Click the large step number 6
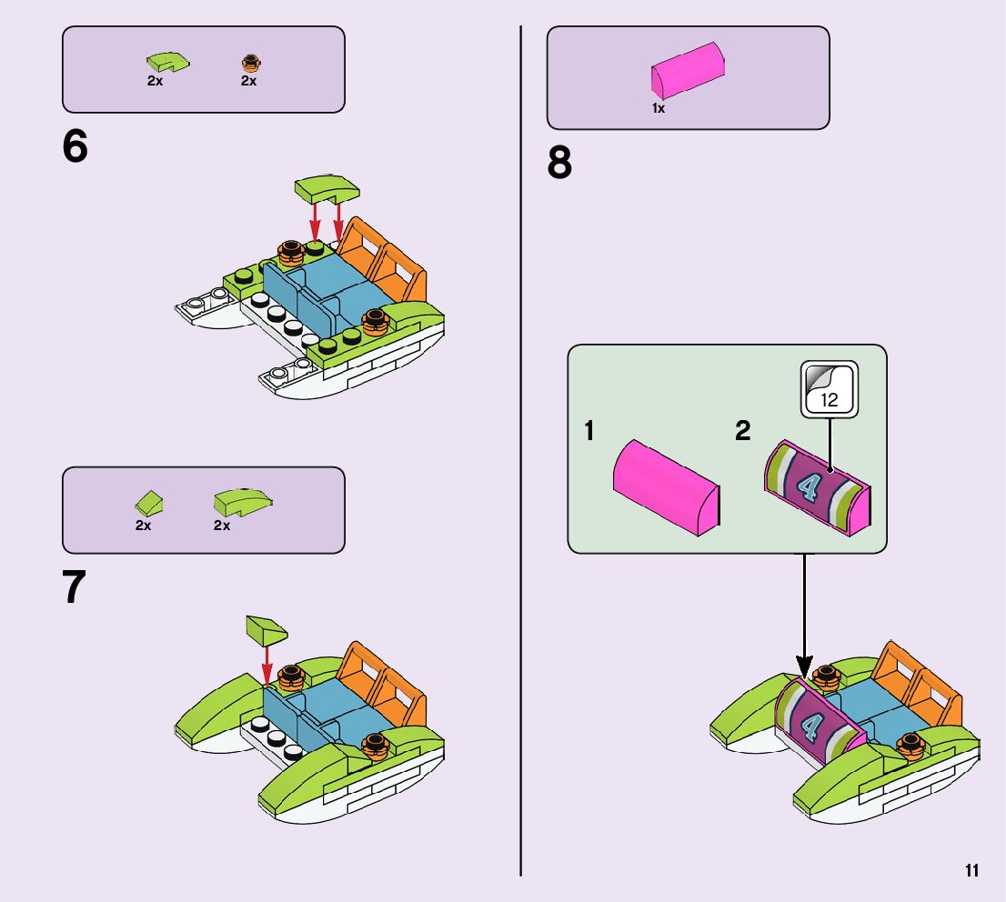pyautogui.click(x=75, y=148)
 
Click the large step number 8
pyautogui.click(x=560, y=165)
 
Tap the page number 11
pyautogui.click(x=972, y=871)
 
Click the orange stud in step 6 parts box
pyautogui.click(x=248, y=63)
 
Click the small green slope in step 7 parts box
pyautogui.click(x=149, y=502)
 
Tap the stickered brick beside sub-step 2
pyautogui.click(x=817, y=486)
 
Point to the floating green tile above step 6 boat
pyautogui.click(x=327, y=189)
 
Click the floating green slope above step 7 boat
pyautogui.click(x=266, y=628)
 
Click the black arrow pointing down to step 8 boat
pyautogui.click(x=804, y=618)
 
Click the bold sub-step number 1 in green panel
pyautogui.click(x=589, y=431)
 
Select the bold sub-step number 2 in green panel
pyautogui.click(x=743, y=431)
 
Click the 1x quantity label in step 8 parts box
pyautogui.click(x=659, y=108)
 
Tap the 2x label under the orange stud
pyautogui.click(x=248, y=81)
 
